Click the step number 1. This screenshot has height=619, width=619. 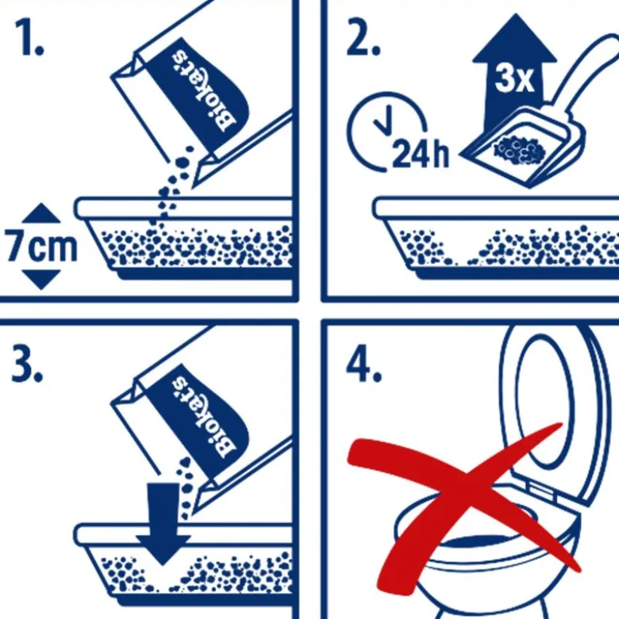(29, 36)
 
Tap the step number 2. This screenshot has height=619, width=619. (363, 36)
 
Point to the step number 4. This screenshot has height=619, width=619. (364, 364)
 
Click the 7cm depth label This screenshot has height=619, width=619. (40, 246)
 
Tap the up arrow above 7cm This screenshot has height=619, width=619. (41, 213)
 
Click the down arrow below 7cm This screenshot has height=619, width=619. (41, 280)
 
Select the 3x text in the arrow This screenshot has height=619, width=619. (514, 79)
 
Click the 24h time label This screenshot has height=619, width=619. (421, 154)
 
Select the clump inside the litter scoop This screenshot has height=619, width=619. (519, 149)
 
